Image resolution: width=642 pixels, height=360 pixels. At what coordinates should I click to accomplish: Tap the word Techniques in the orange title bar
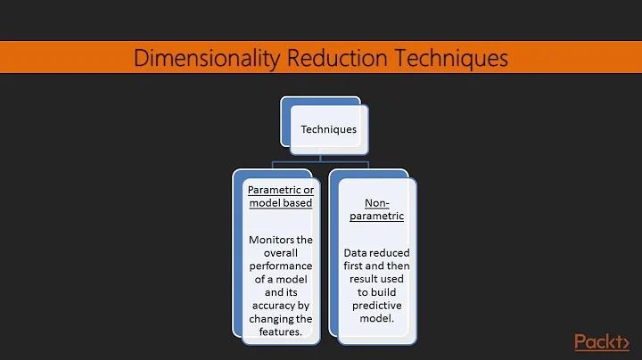tap(445, 59)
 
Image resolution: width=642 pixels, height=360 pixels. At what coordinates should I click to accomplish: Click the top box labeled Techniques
tap(328, 129)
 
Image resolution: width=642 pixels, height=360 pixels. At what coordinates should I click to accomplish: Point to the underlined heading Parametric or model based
tap(280, 197)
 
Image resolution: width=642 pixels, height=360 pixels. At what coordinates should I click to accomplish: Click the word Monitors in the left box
tap(279, 240)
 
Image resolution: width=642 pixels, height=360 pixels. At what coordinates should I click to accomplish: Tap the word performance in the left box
tap(280, 266)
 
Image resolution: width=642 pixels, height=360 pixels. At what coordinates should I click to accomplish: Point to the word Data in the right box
tap(358, 253)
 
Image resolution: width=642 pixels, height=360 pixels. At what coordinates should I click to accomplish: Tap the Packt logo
tap(600, 341)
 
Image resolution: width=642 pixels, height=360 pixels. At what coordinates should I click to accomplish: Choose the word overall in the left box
tap(280, 253)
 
